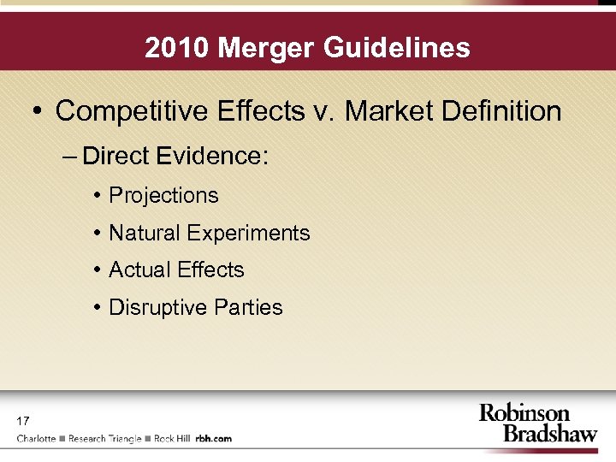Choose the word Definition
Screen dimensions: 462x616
(502, 110)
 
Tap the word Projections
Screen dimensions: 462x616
(163, 195)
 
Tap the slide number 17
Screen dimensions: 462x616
(22, 421)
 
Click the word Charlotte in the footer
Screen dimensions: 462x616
(37, 439)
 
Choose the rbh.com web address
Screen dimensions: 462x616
(213, 439)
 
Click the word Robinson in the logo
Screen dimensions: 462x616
(524, 414)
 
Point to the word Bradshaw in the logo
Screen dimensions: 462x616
(549, 434)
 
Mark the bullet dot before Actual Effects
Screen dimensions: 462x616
(99, 270)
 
